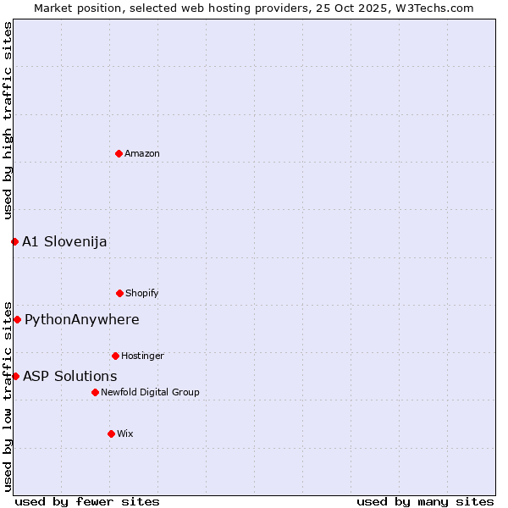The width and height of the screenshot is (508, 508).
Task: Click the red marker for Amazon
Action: (x=119, y=153)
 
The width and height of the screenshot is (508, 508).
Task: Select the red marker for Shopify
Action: (x=119, y=293)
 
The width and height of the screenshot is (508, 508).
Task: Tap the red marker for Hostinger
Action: (x=115, y=356)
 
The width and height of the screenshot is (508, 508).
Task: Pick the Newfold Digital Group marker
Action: (x=95, y=392)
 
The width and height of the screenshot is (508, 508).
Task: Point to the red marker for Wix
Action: (x=111, y=433)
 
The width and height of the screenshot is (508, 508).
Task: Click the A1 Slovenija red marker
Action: (x=14, y=241)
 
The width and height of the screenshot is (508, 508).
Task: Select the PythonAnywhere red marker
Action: (x=17, y=319)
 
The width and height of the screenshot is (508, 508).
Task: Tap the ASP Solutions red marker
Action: (x=15, y=376)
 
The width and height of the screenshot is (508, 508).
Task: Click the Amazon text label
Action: (x=142, y=154)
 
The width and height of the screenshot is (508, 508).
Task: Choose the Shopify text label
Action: (x=142, y=294)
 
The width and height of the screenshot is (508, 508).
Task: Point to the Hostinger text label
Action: (x=142, y=356)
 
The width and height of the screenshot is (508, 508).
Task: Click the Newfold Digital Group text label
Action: (x=150, y=393)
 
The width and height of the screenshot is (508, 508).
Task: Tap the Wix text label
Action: (x=125, y=434)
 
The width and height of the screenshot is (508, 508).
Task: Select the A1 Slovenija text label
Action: (x=64, y=242)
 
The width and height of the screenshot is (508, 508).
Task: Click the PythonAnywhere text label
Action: (x=82, y=320)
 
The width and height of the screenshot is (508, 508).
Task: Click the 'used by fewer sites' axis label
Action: (x=87, y=502)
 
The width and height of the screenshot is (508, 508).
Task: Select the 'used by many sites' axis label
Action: (x=425, y=502)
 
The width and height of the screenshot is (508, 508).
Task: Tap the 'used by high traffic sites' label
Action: (x=8, y=120)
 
